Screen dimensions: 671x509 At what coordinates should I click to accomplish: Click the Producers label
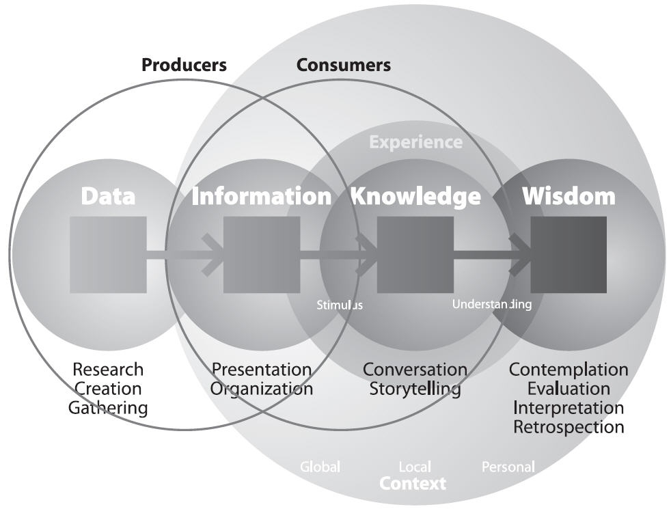pos(184,65)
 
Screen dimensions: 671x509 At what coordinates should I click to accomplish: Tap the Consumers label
pos(344,65)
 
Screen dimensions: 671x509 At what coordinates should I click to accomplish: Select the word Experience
pos(416,142)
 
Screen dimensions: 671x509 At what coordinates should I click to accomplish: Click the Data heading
pos(108,196)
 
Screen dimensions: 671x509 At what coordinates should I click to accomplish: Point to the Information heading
pos(262,196)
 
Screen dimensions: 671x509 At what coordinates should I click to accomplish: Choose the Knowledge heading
pos(415,197)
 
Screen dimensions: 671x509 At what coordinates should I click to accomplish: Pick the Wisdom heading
pos(569,196)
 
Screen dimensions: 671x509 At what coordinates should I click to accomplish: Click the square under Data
pos(108,255)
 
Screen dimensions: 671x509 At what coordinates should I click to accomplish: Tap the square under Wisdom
pos(569,255)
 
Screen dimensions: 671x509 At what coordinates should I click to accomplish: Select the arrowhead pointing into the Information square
pos(213,255)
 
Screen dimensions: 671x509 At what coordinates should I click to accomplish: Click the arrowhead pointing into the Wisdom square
pos(521,255)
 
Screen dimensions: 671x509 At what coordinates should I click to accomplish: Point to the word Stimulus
pos(340,305)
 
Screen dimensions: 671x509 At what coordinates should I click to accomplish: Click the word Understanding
pos(492,305)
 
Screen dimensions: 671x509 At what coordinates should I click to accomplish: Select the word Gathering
pos(108,408)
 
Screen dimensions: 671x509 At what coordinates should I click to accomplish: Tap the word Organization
pos(262,389)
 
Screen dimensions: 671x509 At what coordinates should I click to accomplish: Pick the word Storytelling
pos(415,389)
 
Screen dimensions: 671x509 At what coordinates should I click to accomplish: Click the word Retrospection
pos(569,427)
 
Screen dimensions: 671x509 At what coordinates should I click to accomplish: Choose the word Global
pos(320,467)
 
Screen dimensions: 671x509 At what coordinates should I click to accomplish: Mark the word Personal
pos(508,467)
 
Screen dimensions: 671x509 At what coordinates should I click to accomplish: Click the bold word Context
pos(413,484)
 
